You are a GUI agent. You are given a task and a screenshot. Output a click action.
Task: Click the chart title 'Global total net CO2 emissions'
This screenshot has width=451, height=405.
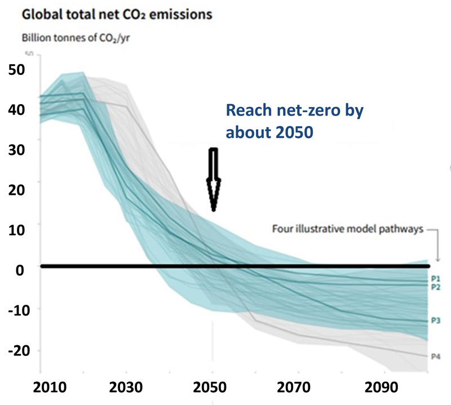click(116, 14)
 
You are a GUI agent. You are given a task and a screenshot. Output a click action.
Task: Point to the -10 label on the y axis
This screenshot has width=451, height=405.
click(16, 310)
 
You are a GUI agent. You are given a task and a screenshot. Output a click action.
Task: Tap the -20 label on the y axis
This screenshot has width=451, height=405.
click(16, 350)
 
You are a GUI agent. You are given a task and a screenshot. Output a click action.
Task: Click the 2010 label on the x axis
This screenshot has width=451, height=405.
click(39, 389)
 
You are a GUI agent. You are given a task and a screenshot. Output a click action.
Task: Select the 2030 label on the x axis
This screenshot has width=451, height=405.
click(126, 389)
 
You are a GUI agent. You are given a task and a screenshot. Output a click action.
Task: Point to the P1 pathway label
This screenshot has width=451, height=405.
click(435, 278)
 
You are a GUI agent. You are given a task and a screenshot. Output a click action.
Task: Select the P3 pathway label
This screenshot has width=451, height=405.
click(435, 321)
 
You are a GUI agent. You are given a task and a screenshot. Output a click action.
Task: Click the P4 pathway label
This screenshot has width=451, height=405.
click(435, 357)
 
